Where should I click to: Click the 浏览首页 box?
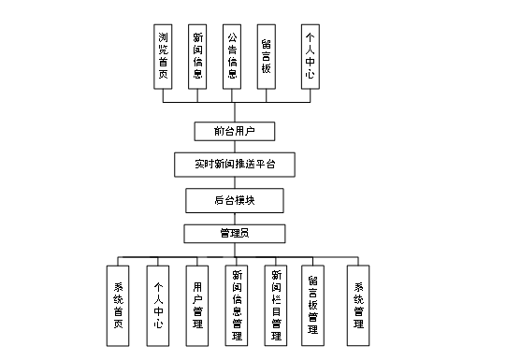[x=165, y=55]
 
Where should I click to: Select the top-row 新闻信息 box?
[x=197, y=55]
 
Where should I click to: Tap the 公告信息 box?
[x=232, y=55]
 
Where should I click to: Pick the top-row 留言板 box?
[x=267, y=55]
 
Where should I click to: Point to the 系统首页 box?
[x=118, y=305]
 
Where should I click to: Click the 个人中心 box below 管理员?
[x=158, y=305]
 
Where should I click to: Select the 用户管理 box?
[x=197, y=305]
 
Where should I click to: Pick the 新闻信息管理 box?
[x=237, y=305]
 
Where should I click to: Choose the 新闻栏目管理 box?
[x=276, y=305]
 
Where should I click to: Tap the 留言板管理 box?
[x=313, y=305]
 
